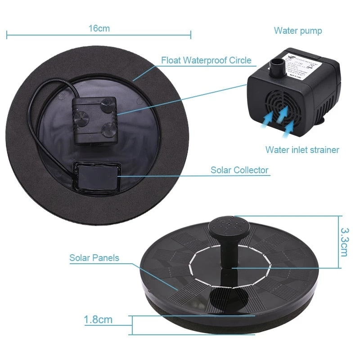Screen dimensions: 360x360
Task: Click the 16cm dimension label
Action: [99, 28]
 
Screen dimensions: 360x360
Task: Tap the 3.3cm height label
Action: [344, 242]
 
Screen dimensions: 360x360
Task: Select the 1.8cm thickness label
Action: [98, 320]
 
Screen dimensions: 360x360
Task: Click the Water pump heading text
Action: [298, 31]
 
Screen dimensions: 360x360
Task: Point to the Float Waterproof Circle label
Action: [206, 60]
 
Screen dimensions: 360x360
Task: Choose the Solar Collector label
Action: [239, 170]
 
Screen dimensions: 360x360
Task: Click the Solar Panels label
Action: [94, 258]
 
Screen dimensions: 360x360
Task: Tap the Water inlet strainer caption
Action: [302, 149]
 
